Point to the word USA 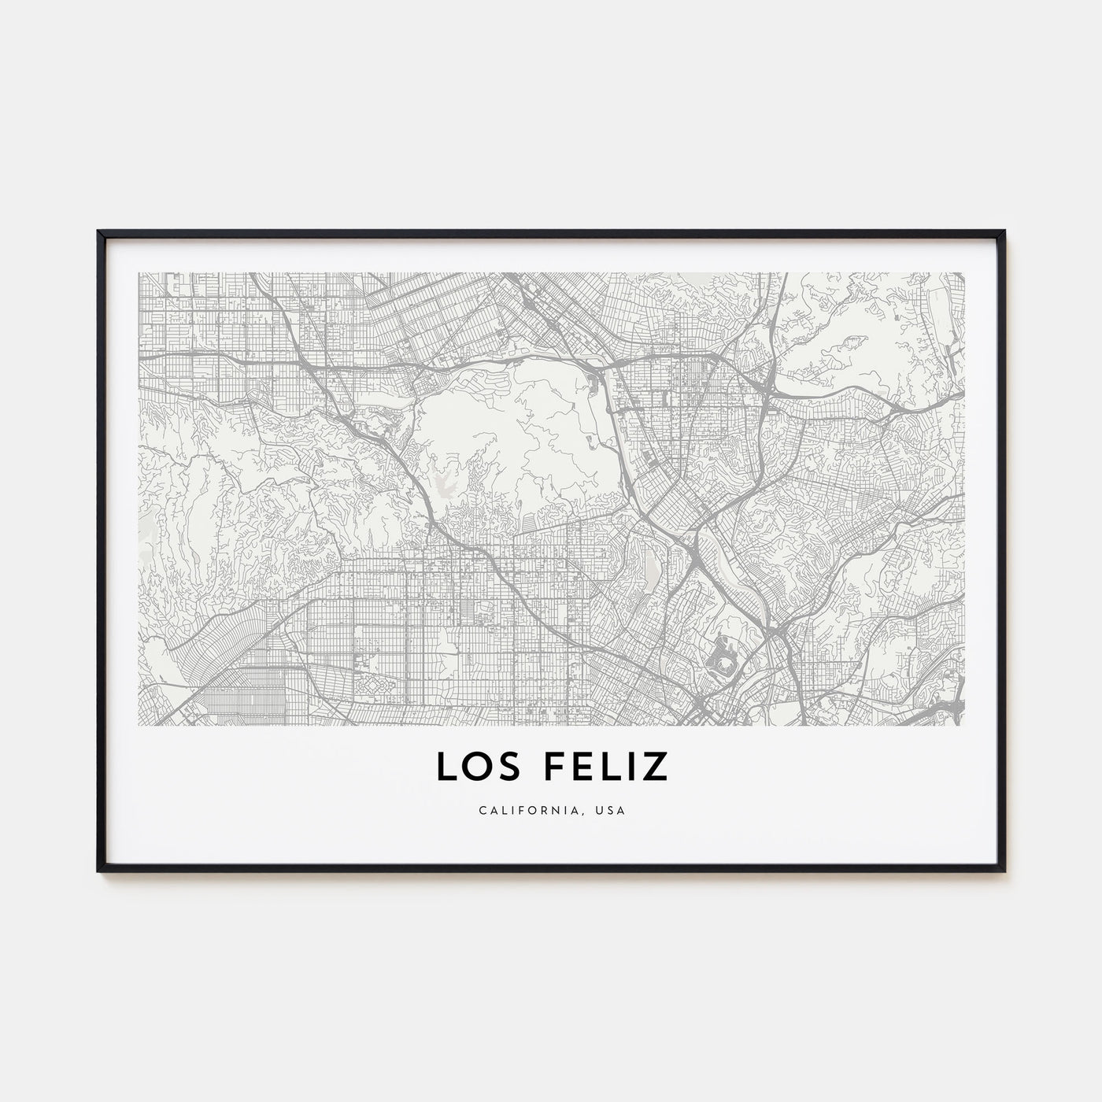click(612, 810)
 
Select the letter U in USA click(602, 810)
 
